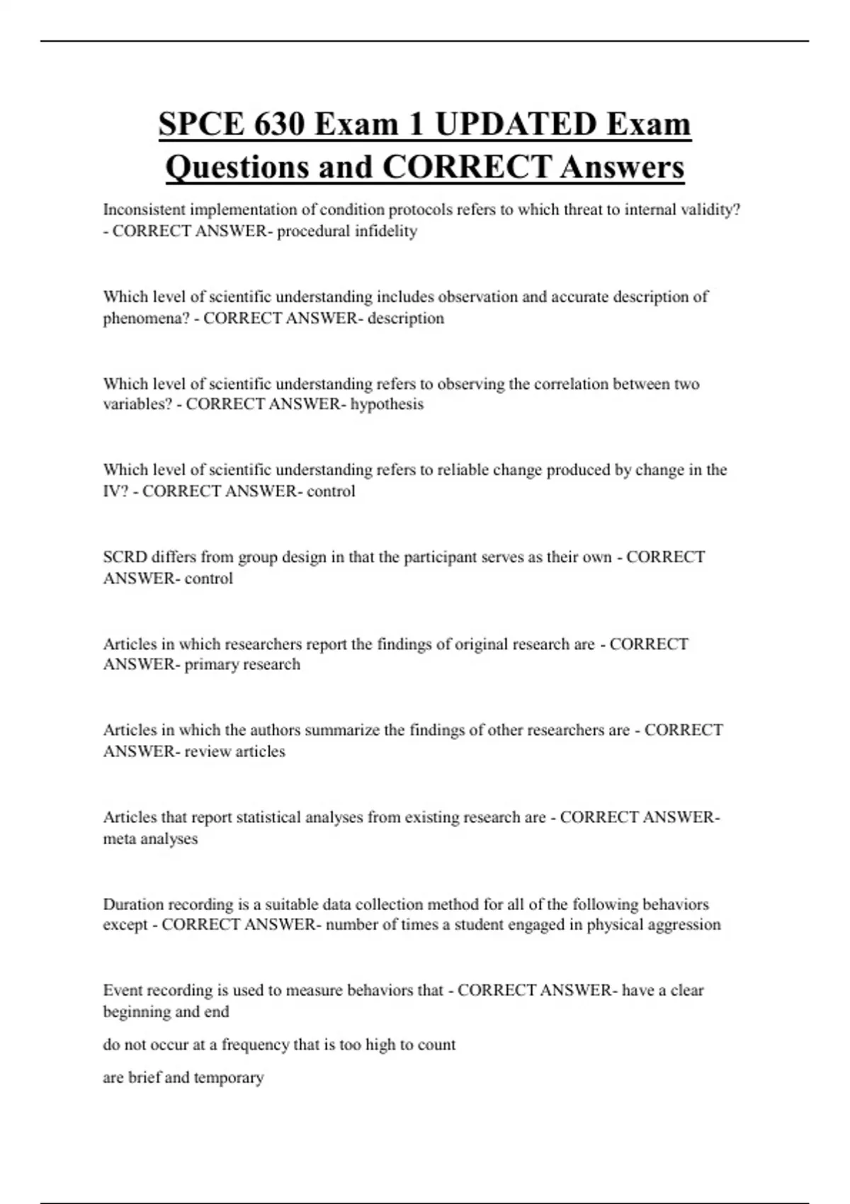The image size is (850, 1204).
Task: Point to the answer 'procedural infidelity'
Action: (347, 231)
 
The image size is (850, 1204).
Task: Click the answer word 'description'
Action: (406, 318)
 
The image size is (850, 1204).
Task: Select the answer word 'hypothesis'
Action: (387, 404)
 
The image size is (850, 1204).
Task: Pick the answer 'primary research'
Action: (242, 664)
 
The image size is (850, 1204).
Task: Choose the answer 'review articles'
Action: (234, 751)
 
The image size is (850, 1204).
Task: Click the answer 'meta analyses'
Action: (150, 839)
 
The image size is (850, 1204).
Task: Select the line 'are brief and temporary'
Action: (183, 1077)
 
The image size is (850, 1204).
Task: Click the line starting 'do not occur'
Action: (279, 1045)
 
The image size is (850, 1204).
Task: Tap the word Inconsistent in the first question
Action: (144, 210)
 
